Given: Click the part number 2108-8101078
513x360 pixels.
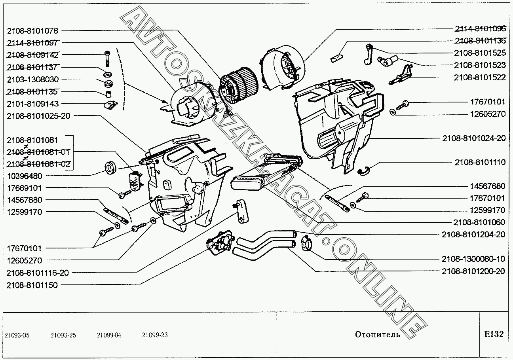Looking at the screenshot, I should coord(32,30).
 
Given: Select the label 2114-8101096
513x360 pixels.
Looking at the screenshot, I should coord(480,28).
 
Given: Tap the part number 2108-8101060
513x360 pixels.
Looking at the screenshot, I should coord(480,222).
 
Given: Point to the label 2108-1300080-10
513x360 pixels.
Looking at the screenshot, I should coord(473,259).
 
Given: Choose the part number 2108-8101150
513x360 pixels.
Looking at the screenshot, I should coord(32,285).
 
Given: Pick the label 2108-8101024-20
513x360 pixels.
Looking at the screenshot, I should coord(473,138).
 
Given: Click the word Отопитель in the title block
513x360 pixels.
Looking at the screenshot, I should coord(377,335).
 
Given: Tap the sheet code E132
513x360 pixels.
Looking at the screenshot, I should coord(494,334).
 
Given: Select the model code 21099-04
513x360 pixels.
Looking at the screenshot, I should coord(109,335).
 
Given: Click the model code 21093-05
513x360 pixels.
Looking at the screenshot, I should coord(17,335).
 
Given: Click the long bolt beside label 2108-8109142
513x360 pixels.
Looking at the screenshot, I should coord(108,59).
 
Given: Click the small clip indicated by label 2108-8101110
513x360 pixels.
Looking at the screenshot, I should coord(363,171).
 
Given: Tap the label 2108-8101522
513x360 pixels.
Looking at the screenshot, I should coord(480,78).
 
